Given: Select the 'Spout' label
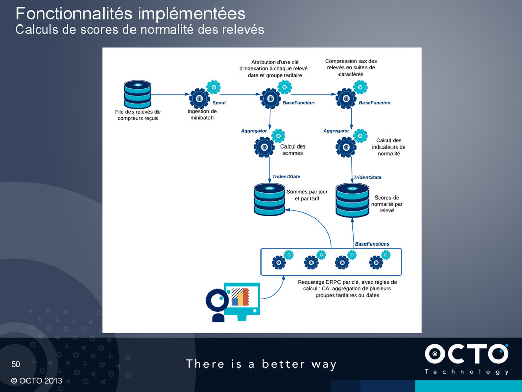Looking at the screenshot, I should point(219,103).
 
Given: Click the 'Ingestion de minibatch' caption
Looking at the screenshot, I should point(202,114).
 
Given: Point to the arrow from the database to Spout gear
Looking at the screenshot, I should point(170,94).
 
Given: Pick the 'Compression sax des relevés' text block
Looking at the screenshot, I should point(351,67).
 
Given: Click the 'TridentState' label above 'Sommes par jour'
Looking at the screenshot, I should point(286,176).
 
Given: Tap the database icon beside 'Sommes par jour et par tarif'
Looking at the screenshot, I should point(270,199).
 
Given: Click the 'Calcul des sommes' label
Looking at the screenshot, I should point(293,150).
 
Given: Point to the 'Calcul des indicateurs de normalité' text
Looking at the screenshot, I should point(389,147).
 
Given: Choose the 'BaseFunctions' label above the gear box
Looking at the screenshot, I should point(372,244).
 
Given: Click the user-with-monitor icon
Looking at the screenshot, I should point(233,302).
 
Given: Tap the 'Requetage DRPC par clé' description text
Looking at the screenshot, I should point(347,288).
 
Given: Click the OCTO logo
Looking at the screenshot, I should point(466,359).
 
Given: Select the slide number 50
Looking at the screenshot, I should point(16,364).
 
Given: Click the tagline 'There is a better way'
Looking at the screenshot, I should point(261,364).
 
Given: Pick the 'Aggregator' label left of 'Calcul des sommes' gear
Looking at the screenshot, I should point(254,131).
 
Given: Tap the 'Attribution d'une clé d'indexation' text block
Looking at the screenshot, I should point(275,68).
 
